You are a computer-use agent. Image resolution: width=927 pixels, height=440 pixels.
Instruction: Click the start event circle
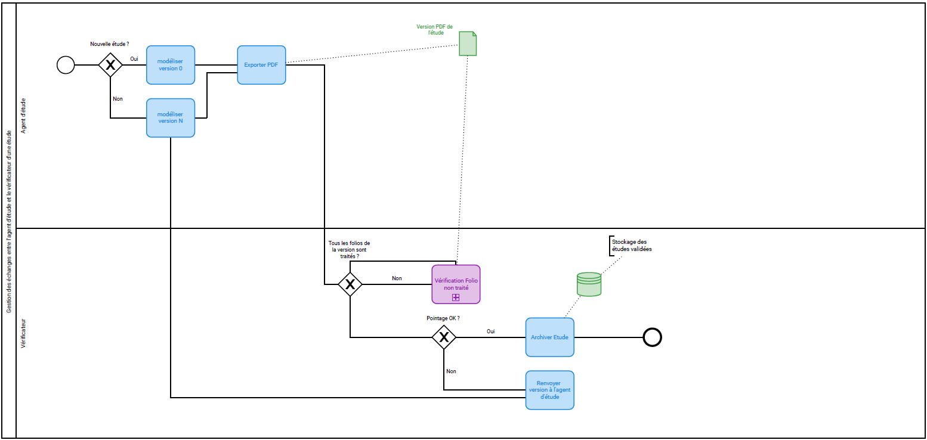point(66,64)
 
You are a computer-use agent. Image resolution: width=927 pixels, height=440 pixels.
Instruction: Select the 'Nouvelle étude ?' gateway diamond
point(110,64)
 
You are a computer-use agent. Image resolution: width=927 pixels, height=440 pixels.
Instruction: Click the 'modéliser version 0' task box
point(171,64)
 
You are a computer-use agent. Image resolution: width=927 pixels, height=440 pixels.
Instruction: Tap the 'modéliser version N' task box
point(171,117)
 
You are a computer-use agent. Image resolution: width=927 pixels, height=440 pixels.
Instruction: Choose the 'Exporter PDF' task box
point(261,64)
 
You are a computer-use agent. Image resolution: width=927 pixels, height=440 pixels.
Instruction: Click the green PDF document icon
point(468,44)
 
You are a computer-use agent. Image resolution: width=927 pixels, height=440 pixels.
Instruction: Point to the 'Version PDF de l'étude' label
point(434,30)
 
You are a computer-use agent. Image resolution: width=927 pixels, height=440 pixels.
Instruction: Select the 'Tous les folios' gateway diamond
point(350,284)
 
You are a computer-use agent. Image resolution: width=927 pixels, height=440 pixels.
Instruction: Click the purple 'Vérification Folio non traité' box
point(456,284)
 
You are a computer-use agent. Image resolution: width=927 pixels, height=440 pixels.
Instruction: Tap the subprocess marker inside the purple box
point(456,297)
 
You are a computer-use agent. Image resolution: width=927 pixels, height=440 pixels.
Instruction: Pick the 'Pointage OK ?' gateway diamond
point(444,337)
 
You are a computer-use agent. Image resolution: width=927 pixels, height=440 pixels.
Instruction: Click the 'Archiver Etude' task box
point(549,337)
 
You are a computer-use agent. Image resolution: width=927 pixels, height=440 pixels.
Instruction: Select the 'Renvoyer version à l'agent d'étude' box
point(549,390)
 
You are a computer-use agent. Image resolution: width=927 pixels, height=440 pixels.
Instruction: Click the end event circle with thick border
point(653,337)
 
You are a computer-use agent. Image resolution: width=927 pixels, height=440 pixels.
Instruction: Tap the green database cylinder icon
point(589,284)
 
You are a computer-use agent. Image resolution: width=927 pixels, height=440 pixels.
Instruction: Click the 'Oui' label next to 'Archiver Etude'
point(490,331)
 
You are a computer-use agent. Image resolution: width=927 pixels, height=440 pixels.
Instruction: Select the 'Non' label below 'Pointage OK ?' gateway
point(451,371)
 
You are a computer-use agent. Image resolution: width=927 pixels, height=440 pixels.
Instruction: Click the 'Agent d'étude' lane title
point(24,116)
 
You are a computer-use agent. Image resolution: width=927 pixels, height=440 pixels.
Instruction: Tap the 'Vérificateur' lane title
point(24,333)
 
